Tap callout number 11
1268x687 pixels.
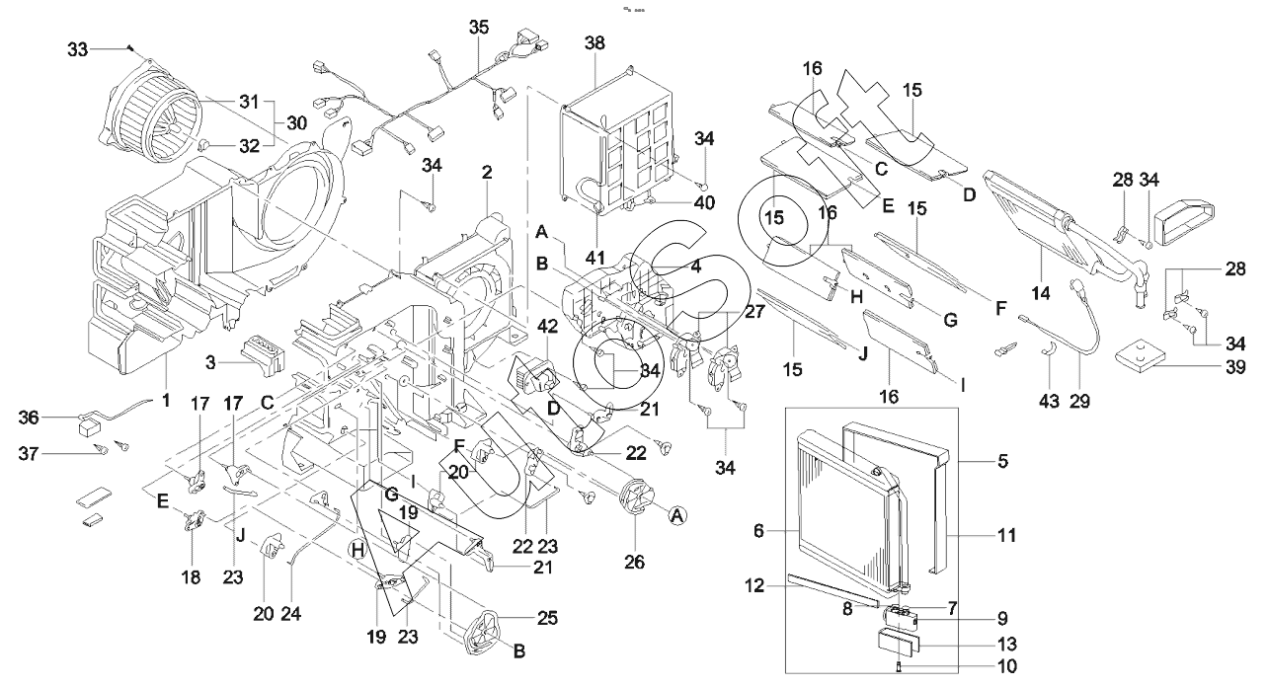[1006, 535]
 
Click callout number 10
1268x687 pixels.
[1006, 666]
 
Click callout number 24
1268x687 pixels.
[289, 613]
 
